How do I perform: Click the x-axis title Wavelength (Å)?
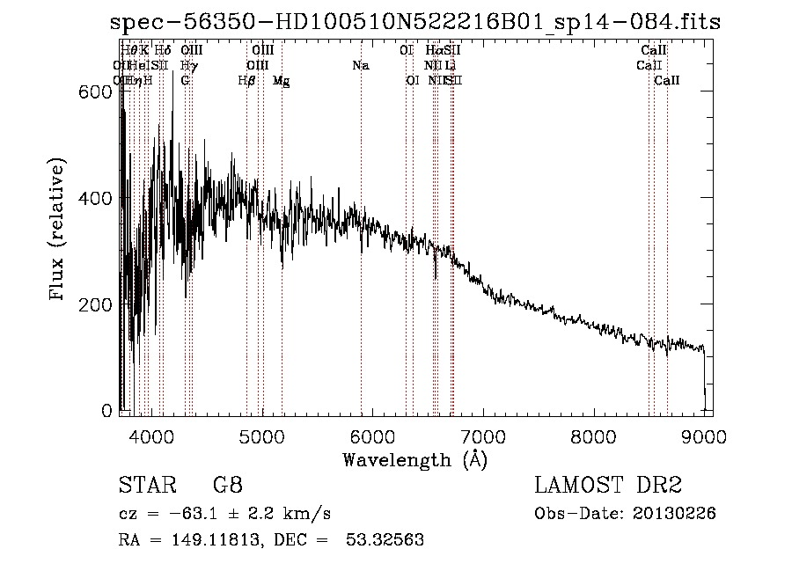[414, 459]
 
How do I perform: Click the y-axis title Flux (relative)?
[59, 231]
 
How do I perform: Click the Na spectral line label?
[360, 65]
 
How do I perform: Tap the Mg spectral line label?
[282, 80]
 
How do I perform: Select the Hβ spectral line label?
[246, 80]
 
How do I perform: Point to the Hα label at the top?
[433, 51]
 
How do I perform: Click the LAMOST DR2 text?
[608, 486]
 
